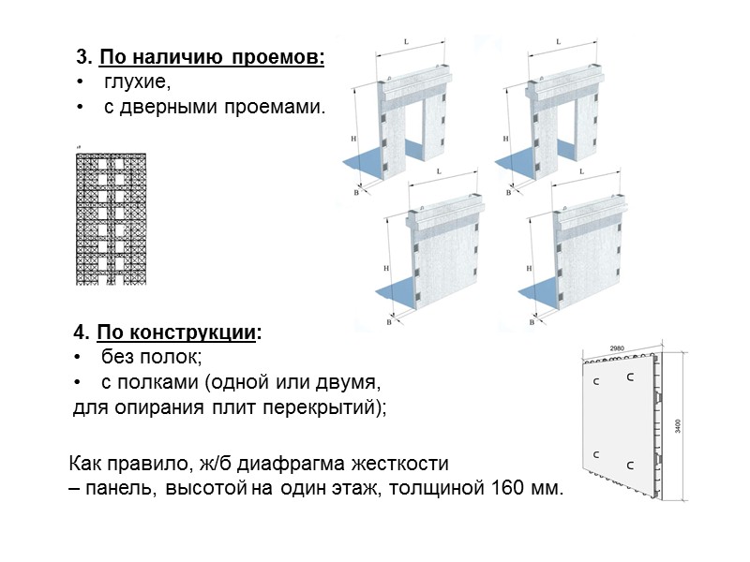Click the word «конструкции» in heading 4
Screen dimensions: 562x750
tap(208, 334)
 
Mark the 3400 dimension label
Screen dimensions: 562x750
tap(678, 424)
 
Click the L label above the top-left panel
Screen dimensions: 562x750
tap(404, 42)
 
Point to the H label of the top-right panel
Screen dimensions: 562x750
tap(506, 139)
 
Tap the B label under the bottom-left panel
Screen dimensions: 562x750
tap(388, 321)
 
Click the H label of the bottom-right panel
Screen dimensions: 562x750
tap(529, 268)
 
